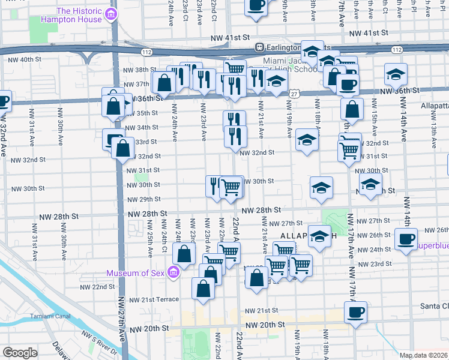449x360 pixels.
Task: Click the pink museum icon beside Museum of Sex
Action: (174, 272)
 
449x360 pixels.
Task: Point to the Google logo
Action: (20, 353)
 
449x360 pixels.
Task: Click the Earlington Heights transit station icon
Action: (259, 47)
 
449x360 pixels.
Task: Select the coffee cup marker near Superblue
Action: (406, 240)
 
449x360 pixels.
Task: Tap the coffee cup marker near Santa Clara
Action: (355, 313)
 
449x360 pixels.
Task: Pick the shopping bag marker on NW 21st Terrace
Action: (203, 288)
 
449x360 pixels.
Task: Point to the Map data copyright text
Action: (423, 355)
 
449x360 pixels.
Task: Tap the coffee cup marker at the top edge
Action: (256, 6)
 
